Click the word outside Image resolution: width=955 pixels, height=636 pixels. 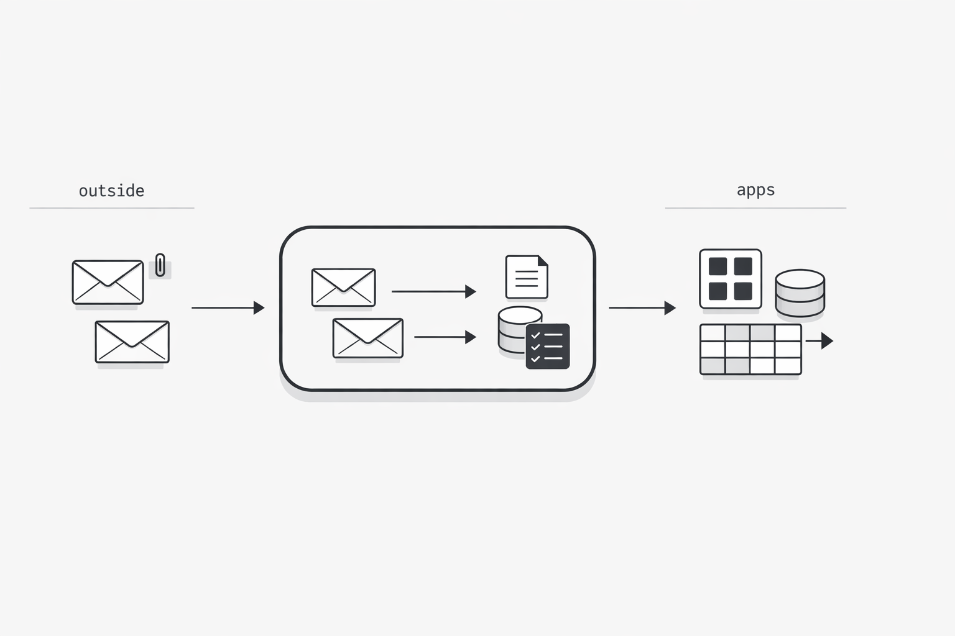pos(112,191)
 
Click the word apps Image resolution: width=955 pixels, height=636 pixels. pos(755,190)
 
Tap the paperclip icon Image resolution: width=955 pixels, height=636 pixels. pos(160,265)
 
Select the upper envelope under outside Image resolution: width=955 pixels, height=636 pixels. pos(108,282)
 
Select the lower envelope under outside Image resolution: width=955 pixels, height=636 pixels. pos(132,342)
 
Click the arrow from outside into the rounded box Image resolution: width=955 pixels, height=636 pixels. pos(228,307)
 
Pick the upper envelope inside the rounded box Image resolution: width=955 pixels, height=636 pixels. pos(344,288)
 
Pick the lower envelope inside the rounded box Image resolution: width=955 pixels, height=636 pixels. pos(368,338)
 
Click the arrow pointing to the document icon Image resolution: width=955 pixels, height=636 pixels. pos(433,291)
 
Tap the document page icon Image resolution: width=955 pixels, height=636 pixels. pos(527,277)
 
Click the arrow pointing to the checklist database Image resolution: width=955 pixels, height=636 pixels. pos(445,337)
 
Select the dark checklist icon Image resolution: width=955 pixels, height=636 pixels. pos(547,347)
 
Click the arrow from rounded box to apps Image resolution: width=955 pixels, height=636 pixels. pos(642,307)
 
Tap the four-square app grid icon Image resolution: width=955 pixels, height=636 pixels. pos(731,279)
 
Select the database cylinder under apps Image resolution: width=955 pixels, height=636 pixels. pos(800,293)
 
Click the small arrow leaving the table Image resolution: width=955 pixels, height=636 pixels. pos(819,341)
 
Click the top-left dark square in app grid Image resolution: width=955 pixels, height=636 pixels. pos(717,266)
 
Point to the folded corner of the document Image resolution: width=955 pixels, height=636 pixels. pos(543,260)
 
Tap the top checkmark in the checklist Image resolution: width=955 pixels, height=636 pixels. pos(535,335)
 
